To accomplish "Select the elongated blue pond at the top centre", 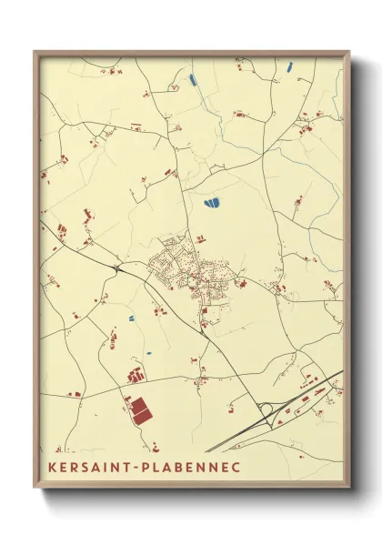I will [x=194, y=79].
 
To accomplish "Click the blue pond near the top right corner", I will [x=289, y=66].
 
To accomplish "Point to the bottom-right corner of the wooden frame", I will [x=347, y=488].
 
